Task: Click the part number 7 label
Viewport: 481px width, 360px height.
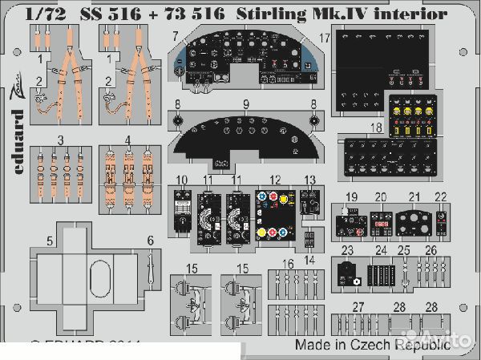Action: [x=174, y=37]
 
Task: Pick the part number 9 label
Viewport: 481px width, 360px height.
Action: [x=247, y=104]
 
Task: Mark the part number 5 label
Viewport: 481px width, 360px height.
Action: [x=49, y=240]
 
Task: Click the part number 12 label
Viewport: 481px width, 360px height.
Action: [x=275, y=180]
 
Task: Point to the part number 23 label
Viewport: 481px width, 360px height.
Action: [x=346, y=250]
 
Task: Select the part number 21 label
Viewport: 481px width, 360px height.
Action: [x=414, y=197]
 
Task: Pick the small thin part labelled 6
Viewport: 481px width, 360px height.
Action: [x=151, y=261]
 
